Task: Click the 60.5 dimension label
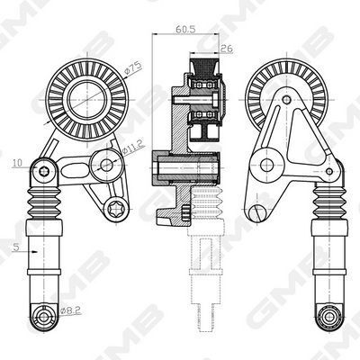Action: click(x=185, y=29)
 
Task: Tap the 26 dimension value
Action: click(x=227, y=49)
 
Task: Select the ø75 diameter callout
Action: click(x=133, y=68)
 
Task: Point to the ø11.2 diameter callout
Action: click(x=133, y=148)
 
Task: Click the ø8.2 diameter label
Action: click(x=71, y=310)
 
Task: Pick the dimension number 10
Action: click(x=17, y=163)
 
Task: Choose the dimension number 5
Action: click(x=16, y=247)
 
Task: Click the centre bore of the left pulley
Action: click(x=87, y=98)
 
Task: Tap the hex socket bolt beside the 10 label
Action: click(x=44, y=171)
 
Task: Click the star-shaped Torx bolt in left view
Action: click(x=116, y=207)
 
